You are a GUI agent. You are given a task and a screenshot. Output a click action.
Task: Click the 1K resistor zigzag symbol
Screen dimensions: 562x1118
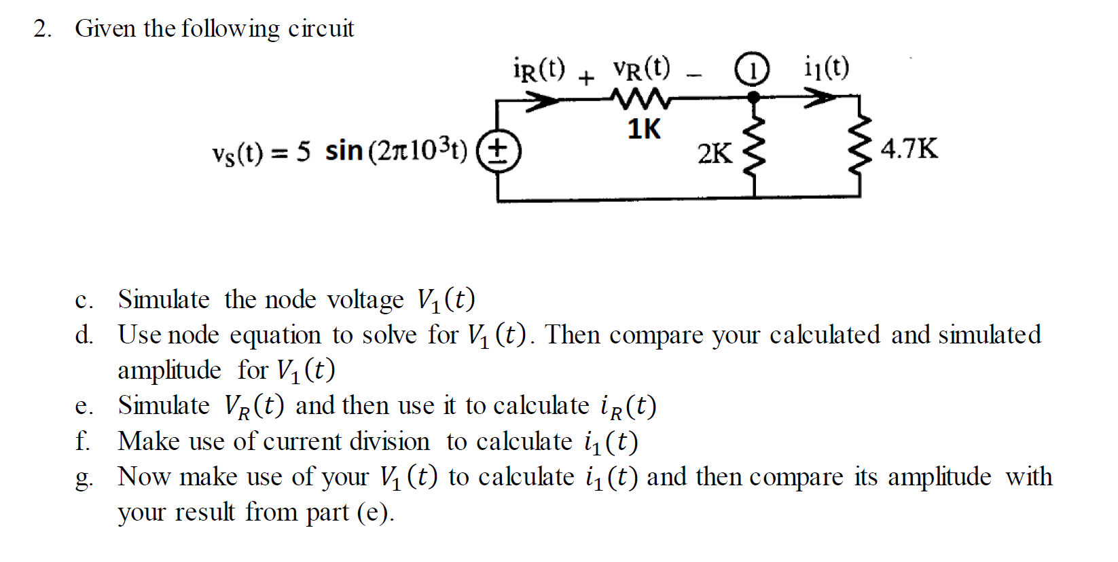642,100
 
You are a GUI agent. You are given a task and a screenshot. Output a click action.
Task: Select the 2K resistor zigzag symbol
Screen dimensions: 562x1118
755,148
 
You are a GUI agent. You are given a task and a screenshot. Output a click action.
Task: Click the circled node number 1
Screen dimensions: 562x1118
753,70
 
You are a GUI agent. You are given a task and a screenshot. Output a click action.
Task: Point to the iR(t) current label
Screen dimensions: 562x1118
539,69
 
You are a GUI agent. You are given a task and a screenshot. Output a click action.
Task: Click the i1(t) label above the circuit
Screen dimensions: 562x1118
826,68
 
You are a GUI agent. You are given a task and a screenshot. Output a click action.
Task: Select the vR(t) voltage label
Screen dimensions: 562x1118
641,68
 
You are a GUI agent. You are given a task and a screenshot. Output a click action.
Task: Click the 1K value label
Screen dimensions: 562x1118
643,129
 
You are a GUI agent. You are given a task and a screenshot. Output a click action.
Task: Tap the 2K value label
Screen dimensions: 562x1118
715,154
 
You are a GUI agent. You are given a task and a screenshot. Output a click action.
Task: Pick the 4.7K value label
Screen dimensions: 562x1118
909,148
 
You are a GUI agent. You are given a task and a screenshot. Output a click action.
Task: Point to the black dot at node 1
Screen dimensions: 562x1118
753,98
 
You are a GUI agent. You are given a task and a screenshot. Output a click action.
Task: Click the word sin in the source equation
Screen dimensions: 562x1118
344,151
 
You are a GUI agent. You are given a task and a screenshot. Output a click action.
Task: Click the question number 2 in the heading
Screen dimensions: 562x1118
43,29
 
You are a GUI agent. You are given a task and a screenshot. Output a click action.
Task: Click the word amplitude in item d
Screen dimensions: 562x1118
169,371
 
